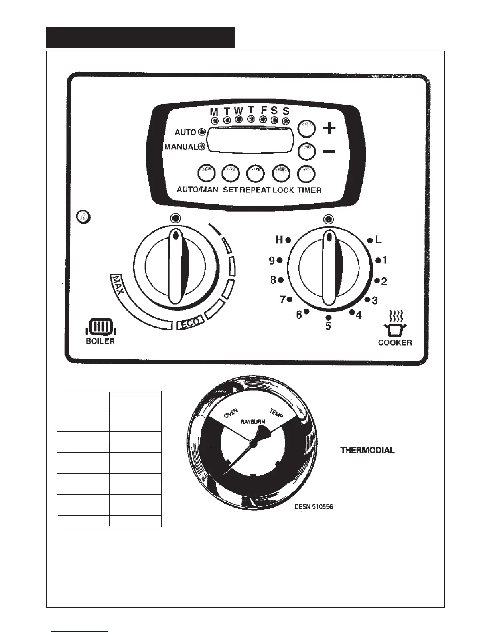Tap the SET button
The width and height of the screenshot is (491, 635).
pyautogui.click(x=230, y=174)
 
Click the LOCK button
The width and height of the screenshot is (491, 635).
pyautogui.click(x=281, y=174)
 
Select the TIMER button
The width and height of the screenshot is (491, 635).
pyautogui.click(x=306, y=174)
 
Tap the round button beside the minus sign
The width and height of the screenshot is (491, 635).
pyautogui.click(x=307, y=152)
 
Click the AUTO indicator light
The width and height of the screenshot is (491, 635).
pyautogui.click(x=202, y=132)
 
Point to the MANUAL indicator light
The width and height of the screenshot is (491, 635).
pyautogui.click(x=202, y=147)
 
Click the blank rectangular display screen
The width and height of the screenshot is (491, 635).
pyautogui.click(x=252, y=140)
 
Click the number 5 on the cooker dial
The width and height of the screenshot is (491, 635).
pyautogui.click(x=328, y=326)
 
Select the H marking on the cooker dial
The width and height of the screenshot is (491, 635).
pyautogui.click(x=279, y=240)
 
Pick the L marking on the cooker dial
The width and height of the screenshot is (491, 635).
pyautogui.click(x=378, y=240)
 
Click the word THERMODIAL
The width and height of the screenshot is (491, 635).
pyautogui.click(x=367, y=450)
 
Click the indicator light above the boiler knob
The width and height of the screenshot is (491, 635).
pyautogui.click(x=175, y=218)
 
